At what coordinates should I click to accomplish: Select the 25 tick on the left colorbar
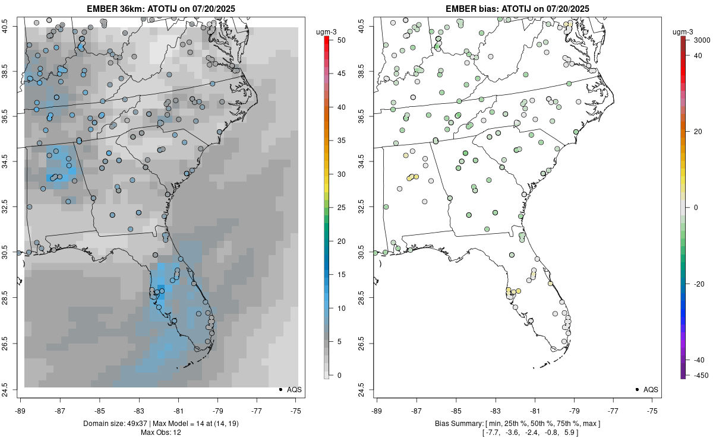pyautogui.click(x=337, y=208)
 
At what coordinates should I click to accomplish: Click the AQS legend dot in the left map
pyautogui.click(x=280, y=390)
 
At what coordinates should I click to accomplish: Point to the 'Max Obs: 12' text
pyautogui.click(x=160, y=432)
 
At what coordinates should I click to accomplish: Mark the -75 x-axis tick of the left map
pyautogui.click(x=296, y=410)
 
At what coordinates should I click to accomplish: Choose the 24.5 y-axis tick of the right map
pyautogui.click(x=363, y=389)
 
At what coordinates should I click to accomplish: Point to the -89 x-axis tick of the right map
pyautogui.click(x=377, y=410)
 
